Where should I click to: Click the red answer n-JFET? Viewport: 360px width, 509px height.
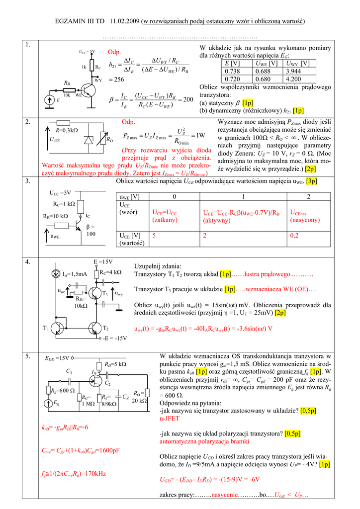(x=170, y=419)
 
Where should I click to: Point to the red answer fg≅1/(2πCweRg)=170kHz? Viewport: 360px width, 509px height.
(x=74, y=474)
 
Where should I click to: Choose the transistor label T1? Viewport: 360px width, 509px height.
(x=46, y=328)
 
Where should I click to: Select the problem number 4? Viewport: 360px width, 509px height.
(x=28, y=261)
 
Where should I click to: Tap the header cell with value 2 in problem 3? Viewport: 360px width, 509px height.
(x=308, y=196)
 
